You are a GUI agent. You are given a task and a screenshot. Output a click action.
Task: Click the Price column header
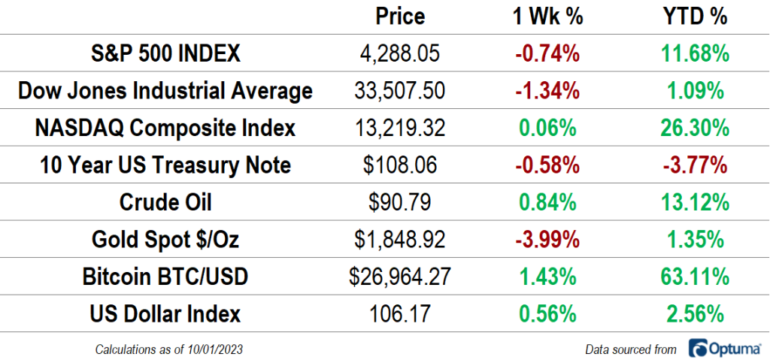coord(400,17)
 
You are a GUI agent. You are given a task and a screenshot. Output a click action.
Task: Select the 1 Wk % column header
coord(547,17)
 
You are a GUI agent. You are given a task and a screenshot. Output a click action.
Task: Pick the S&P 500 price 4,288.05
coord(400,54)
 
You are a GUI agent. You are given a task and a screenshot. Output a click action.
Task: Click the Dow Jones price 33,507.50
coord(400,91)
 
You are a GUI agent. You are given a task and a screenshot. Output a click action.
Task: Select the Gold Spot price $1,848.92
coord(400,240)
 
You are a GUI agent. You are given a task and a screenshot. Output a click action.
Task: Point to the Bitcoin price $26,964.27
coord(400,277)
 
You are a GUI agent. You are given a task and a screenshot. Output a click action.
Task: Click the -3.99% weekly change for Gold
coord(547,240)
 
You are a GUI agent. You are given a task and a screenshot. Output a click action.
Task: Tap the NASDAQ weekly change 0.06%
coord(547,128)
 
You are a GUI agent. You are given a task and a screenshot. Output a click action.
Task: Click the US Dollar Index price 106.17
coord(400,313)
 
